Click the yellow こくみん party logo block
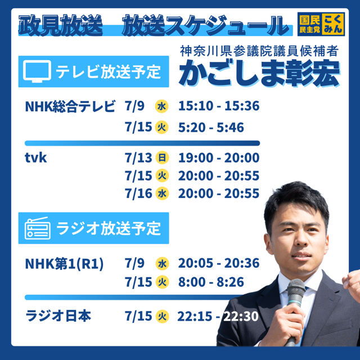click(x=332, y=24)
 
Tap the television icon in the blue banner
click(x=37, y=71)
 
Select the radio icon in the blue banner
click(x=38, y=228)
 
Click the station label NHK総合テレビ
click(x=70, y=106)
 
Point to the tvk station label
click(x=35, y=157)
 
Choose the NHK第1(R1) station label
click(x=64, y=264)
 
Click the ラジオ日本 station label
click(x=58, y=316)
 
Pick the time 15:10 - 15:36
click(x=219, y=106)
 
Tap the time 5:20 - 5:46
click(x=211, y=128)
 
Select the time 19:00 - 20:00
click(x=219, y=157)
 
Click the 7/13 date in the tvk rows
click(x=138, y=158)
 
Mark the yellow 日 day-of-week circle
click(x=162, y=157)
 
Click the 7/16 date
click(x=138, y=193)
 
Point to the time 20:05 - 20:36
click(x=219, y=263)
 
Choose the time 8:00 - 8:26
click(x=211, y=282)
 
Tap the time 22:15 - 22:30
click(x=218, y=316)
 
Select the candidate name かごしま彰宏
click(x=259, y=73)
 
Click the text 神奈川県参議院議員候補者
click(x=259, y=51)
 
